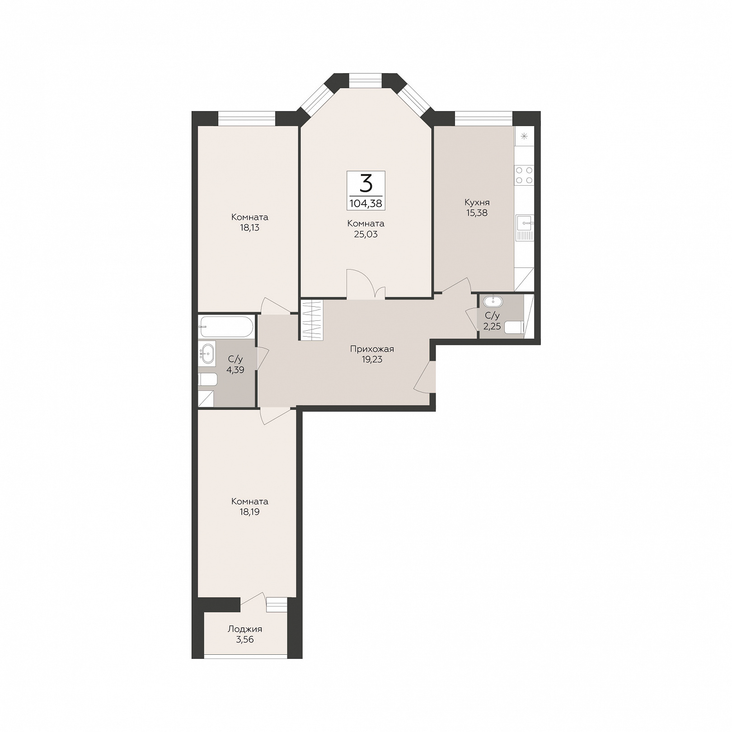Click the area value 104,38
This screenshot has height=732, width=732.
366,203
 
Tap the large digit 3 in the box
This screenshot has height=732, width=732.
366,183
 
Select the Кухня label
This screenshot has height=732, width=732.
477,202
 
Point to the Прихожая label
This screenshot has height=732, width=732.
372,349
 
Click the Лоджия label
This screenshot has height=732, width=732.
245,629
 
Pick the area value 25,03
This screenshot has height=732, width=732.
366,234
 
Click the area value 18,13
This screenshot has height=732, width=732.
249,228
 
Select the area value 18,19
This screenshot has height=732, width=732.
249,512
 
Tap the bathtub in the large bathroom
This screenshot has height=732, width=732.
226,327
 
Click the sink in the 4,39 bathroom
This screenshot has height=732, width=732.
208,353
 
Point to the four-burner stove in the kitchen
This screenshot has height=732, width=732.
524,175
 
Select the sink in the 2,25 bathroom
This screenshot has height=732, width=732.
493,301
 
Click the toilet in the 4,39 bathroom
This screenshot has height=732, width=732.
208,379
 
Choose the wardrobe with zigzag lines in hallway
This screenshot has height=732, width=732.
311,320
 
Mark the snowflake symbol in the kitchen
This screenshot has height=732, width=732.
524,136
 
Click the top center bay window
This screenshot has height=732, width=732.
366,80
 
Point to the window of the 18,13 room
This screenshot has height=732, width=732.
247,118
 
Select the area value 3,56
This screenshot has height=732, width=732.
245,639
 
